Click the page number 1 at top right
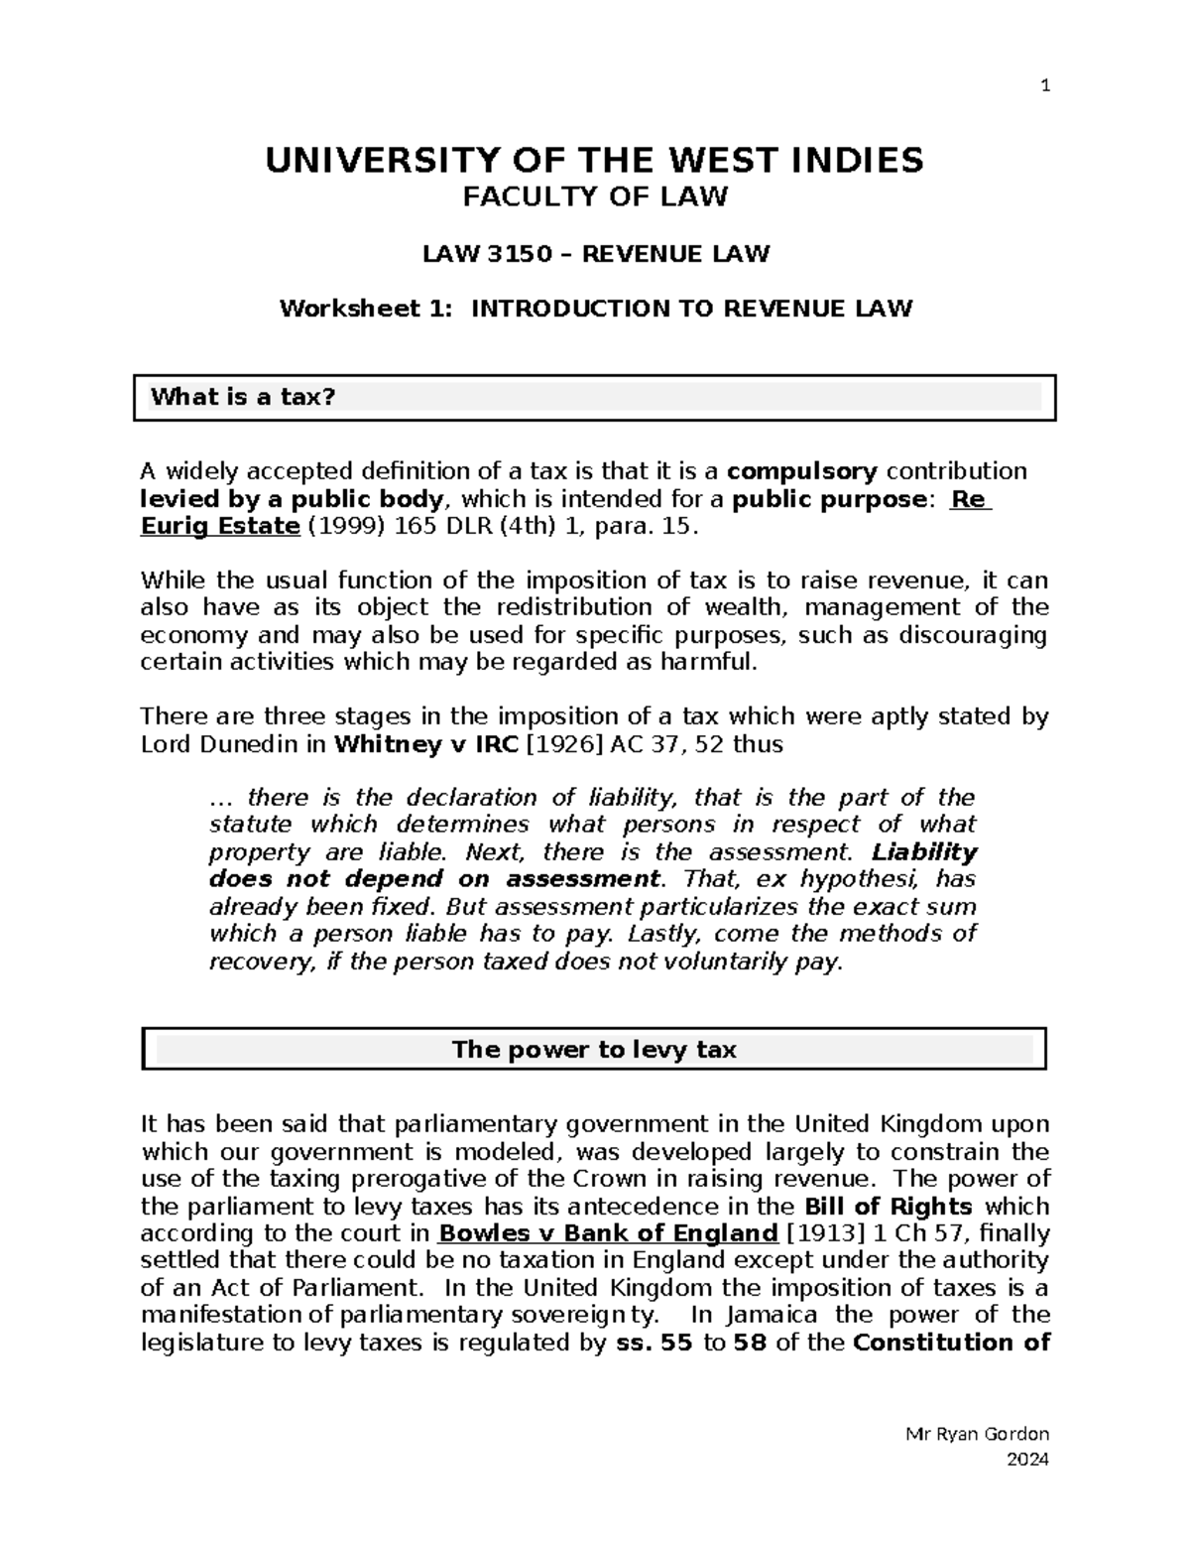tap(1044, 86)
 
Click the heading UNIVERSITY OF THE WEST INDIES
tap(594, 160)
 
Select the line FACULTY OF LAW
tap(595, 196)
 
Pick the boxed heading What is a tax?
tap(243, 398)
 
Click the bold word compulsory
tap(801, 470)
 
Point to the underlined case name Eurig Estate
tap(219, 526)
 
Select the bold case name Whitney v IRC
tap(427, 744)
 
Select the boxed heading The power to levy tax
tap(594, 1050)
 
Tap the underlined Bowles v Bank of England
tap(608, 1233)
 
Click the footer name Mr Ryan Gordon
tap(978, 1434)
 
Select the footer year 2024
tap(1027, 1459)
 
